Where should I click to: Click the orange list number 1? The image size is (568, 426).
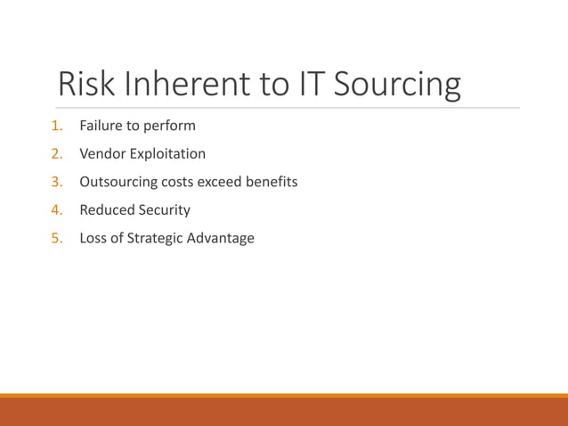(56, 126)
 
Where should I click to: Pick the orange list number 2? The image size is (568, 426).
(56, 153)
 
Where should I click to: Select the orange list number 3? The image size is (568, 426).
(56, 182)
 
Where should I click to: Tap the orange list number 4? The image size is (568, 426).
(56, 210)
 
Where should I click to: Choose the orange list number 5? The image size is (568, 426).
(56, 238)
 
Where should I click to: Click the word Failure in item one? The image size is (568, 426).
(101, 126)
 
